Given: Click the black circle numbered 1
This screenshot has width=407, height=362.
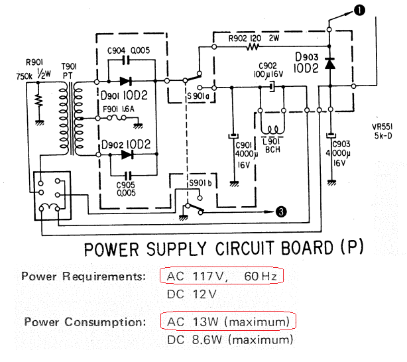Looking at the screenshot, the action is click(x=359, y=11).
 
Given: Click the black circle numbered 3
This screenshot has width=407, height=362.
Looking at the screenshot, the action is click(x=281, y=211).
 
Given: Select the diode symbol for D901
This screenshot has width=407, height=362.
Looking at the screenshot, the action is click(x=126, y=82).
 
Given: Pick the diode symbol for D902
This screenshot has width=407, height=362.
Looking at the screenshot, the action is click(x=127, y=154).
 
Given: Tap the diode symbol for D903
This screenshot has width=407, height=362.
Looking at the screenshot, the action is click(x=330, y=64).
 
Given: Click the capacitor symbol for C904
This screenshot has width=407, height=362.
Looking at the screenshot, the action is click(x=126, y=61).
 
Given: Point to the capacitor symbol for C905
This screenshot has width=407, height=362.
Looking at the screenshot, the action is click(x=128, y=176).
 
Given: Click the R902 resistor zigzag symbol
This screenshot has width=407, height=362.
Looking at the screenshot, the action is click(x=253, y=47).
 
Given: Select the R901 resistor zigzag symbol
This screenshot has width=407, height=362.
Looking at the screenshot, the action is click(x=39, y=101).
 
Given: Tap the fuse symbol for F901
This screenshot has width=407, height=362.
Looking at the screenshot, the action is click(x=116, y=118).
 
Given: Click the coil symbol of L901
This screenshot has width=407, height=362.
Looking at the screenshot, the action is click(x=272, y=129).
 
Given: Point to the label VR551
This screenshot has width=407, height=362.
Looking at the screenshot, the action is click(x=382, y=127).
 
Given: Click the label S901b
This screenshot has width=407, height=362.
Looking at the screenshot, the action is click(x=200, y=183).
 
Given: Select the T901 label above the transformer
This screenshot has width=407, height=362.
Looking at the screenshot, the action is click(x=69, y=67).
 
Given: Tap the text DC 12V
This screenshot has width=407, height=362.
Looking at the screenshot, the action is click(x=192, y=294).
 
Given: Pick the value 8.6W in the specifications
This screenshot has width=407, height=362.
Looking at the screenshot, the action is click(x=207, y=339).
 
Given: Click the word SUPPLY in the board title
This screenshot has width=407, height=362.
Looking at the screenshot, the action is click(x=176, y=249).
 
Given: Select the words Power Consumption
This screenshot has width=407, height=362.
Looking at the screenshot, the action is click(x=85, y=322).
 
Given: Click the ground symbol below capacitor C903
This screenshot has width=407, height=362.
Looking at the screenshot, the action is click(x=331, y=182).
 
